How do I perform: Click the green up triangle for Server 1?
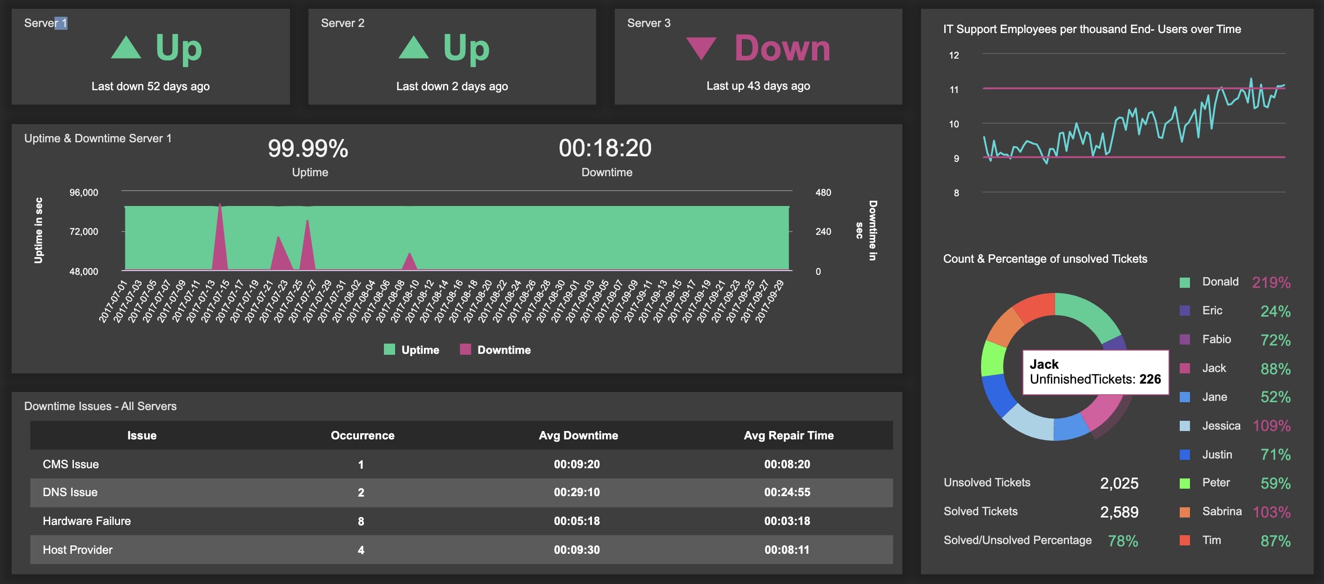[126, 48]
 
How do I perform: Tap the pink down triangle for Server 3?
[701, 47]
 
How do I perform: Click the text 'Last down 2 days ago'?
[452, 86]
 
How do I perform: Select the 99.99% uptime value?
[308, 148]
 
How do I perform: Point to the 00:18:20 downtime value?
[605, 148]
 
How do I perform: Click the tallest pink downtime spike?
[220, 236]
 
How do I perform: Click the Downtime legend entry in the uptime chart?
[496, 350]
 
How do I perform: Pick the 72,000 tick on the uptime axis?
[84, 232]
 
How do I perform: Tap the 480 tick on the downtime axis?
[823, 192]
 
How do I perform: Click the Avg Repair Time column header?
[788, 436]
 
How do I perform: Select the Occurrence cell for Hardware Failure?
[361, 521]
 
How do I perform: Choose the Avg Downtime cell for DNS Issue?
[577, 492]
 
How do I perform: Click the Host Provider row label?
[78, 550]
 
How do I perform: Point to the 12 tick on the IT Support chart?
[954, 55]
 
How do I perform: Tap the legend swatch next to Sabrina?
[1185, 512]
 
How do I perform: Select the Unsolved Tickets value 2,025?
[1119, 483]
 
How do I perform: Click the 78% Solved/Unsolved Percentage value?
[1122, 541]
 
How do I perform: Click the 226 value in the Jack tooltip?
[1150, 379]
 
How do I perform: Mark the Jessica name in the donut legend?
[1221, 426]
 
